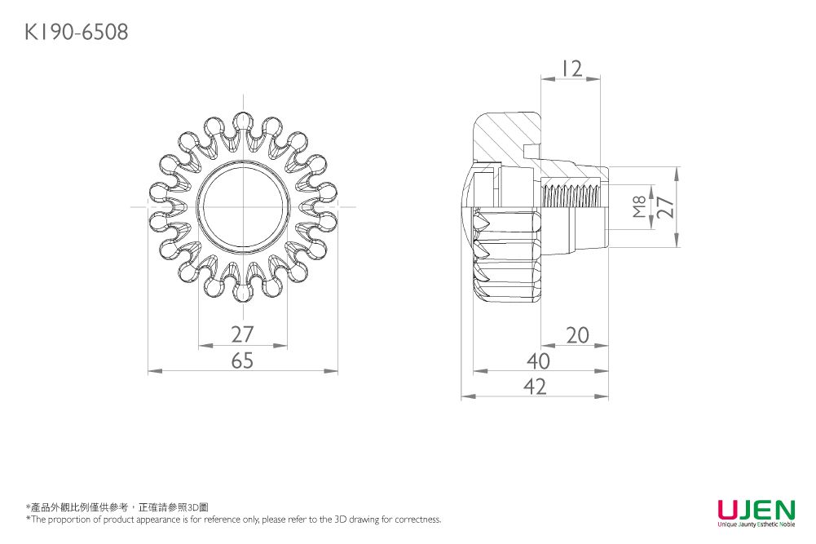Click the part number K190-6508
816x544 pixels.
[76, 33]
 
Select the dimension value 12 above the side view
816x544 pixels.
[571, 69]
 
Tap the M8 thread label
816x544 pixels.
[640, 207]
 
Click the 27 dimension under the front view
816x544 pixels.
[242, 334]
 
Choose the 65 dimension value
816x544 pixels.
[242, 360]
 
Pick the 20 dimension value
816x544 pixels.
[576, 334]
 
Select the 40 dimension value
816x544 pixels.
[537, 360]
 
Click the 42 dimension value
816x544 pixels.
[535, 387]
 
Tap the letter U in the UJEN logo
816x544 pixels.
[728, 511]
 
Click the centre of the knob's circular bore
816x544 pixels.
[243, 207]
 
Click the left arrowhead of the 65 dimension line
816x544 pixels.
[152, 372]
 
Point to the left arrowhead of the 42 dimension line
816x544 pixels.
[465, 397]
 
